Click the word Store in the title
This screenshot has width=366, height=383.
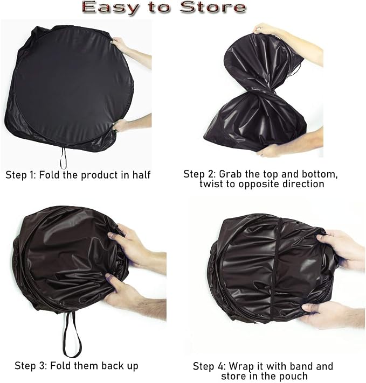[x=213, y=7]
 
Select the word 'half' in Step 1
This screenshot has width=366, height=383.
[x=142, y=175]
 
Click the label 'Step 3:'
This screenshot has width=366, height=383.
[x=31, y=366]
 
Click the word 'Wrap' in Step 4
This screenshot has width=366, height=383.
[x=241, y=366]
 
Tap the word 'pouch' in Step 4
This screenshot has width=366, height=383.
[x=295, y=377]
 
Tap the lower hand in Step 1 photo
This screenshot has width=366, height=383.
[x=130, y=125]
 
